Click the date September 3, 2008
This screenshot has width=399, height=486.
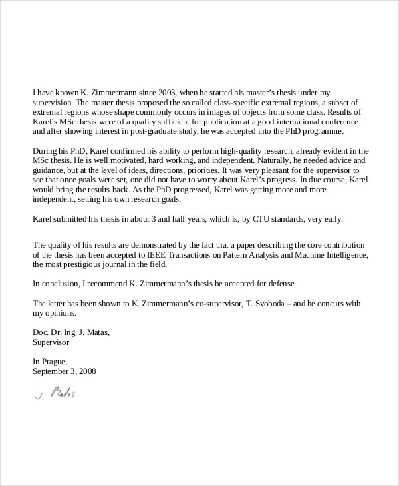click(64, 371)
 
